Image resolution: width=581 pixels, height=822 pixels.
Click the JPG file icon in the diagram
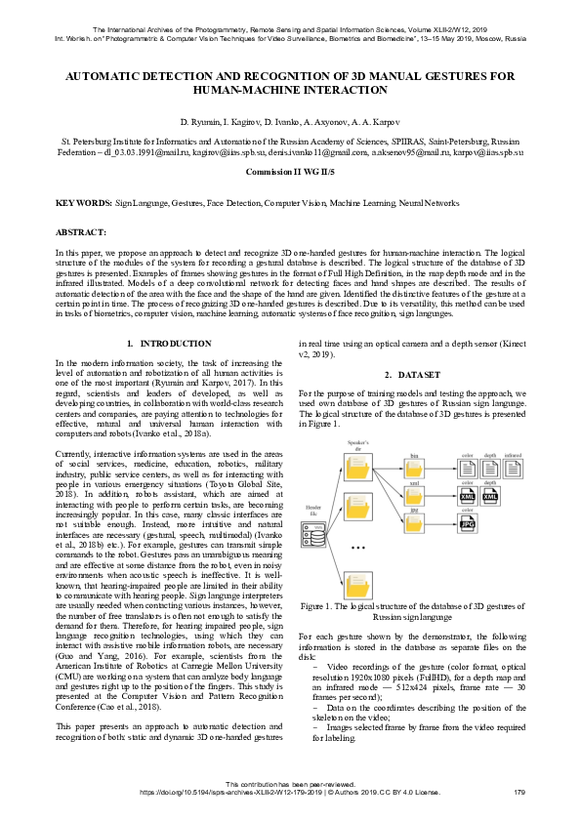pos(467,524)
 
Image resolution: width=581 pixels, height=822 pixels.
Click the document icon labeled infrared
pos(514,469)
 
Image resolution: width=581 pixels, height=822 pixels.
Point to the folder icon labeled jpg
pos(413,523)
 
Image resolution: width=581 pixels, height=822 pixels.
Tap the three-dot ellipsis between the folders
pos(358,549)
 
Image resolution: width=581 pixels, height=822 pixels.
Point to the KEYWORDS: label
pos(83,203)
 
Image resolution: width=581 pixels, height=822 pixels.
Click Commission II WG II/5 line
pos(290,170)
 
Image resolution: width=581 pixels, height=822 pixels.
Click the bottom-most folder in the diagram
pos(357,577)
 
